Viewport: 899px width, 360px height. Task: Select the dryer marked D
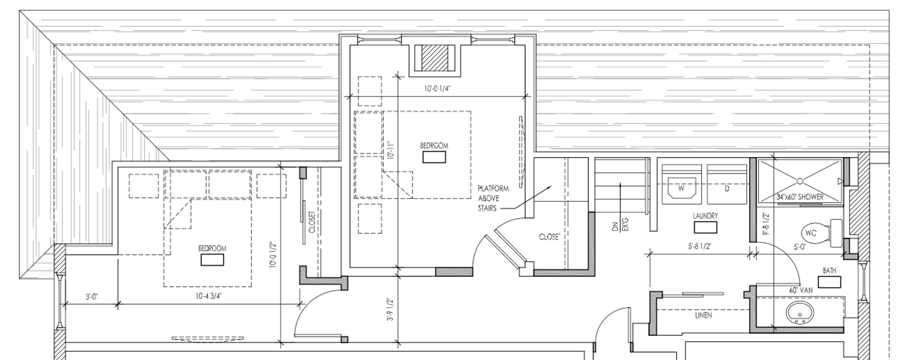tap(727, 188)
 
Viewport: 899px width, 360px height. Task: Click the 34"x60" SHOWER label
tap(800, 197)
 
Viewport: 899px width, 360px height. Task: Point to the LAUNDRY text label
tap(705, 216)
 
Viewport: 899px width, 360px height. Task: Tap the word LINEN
tap(703, 315)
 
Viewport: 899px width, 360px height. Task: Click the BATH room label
tap(829, 271)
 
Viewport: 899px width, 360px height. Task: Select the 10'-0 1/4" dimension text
tap(438, 88)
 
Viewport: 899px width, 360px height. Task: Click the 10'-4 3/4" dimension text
tap(208, 296)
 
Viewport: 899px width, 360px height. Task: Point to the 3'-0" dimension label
tap(92, 296)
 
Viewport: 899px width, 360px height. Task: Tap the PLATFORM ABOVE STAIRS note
tap(493, 198)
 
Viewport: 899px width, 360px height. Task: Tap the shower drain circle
tap(800, 181)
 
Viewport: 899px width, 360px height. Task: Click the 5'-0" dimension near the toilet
tap(800, 247)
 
